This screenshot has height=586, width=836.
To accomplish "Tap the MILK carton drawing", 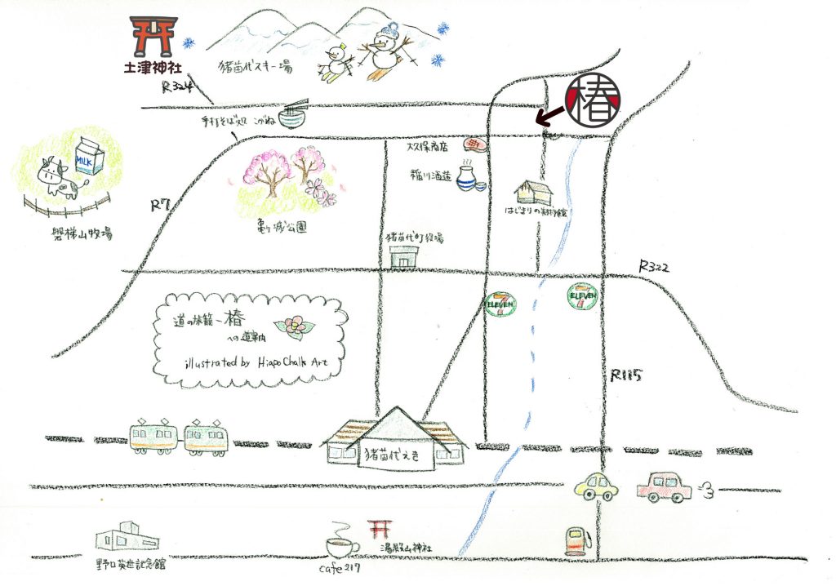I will pos(87,157).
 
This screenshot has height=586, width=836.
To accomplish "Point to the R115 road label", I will pos(626,376).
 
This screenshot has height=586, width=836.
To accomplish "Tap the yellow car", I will pos(596,486).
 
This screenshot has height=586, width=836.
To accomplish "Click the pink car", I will pos(664,487).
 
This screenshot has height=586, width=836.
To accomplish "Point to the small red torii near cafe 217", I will pos(378,529).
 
